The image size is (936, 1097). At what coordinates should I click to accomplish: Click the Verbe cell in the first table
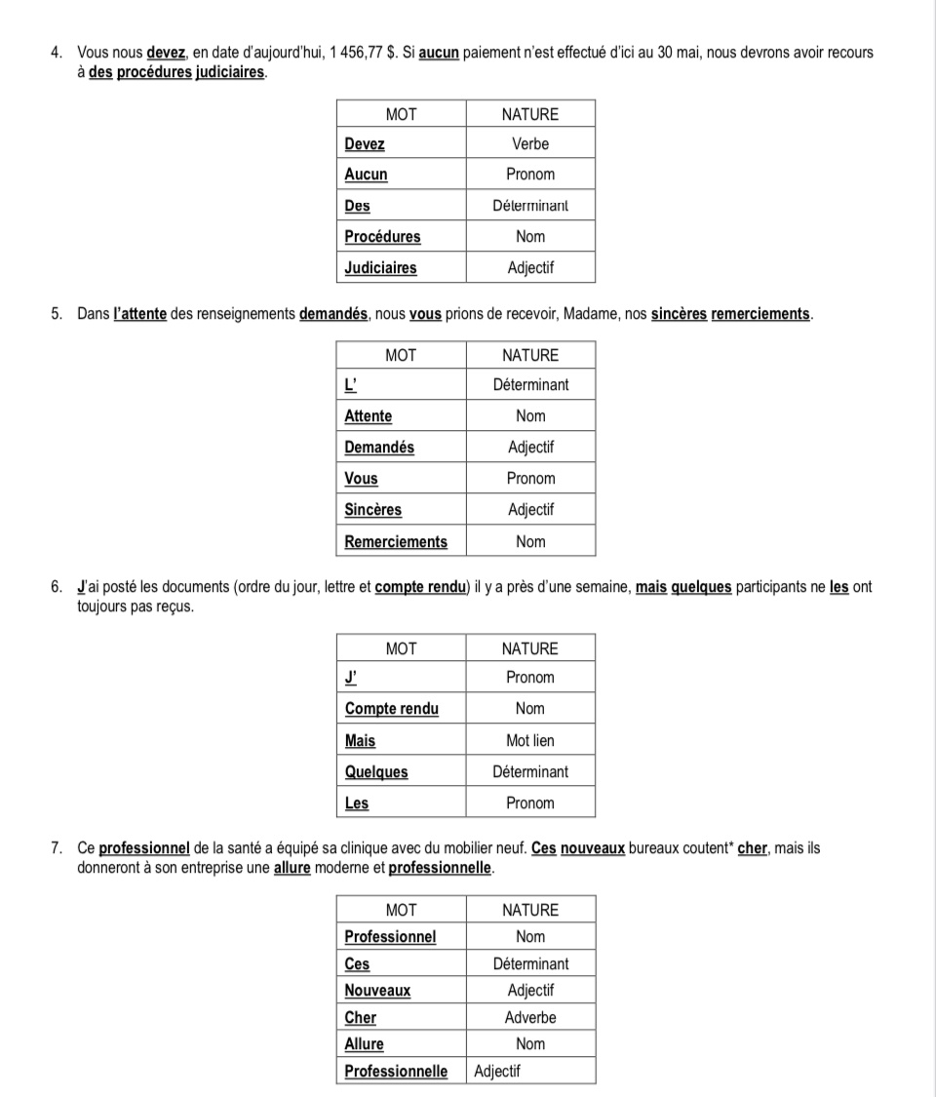click(530, 144)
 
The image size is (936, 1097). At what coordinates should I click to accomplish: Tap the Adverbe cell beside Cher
click(530, 1017)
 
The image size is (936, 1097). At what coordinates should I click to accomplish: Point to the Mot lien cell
click(530, 741)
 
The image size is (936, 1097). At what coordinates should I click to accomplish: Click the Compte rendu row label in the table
click(392, 709)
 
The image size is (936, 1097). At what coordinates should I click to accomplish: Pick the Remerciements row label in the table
click(396, 542)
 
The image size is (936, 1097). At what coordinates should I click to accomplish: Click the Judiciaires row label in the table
click(380, 268)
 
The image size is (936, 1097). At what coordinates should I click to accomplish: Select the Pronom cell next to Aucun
click(530, 175)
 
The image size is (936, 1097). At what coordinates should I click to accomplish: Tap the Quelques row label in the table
click(376, 772)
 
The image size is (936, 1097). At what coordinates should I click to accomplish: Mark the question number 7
click(56, 848)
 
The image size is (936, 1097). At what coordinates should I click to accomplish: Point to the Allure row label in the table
click(364, 1044)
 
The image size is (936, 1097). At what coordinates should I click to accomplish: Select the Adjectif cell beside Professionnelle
click(497, 1072)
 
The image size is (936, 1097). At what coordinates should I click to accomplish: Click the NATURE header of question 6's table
click(530, 648)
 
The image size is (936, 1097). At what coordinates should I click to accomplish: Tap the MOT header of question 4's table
click(401, 114)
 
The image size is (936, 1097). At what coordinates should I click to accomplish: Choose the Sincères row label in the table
click(372, 510)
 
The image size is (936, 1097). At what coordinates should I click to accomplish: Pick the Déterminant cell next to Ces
click(530, 963)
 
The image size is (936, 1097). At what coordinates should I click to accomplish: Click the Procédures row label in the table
click(382, 237)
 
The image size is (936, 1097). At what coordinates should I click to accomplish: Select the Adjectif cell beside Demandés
click(530, 448)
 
